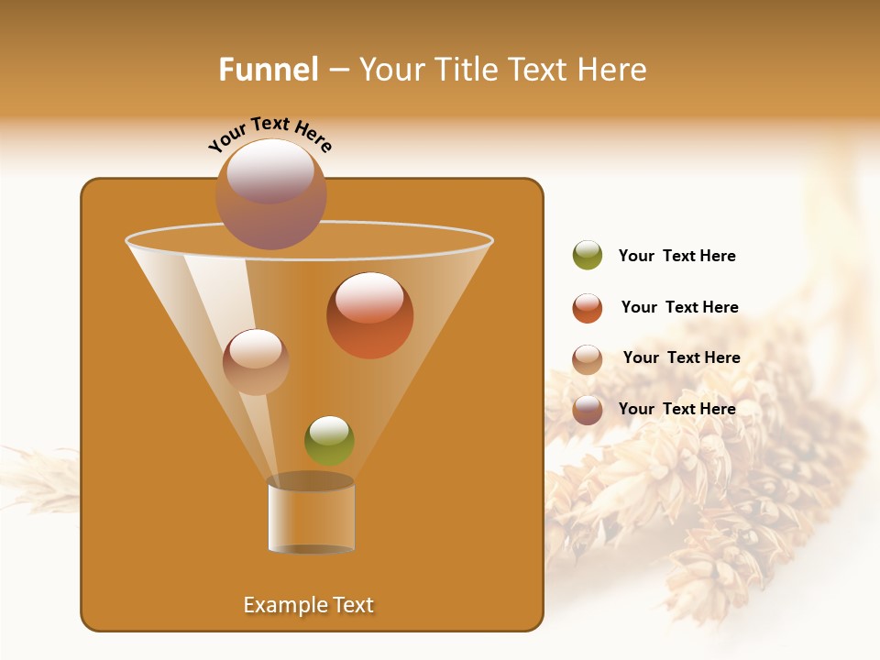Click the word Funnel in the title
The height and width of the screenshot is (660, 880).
pos(269,70)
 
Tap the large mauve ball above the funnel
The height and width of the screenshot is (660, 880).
pos(270,194)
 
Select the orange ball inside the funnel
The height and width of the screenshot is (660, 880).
pos(369,315)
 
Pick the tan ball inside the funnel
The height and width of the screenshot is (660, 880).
pos(256,362)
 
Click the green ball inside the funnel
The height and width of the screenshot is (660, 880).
pos(329,440)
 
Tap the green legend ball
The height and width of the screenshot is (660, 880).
pos(588,256)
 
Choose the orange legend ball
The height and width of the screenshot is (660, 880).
pos(588,308)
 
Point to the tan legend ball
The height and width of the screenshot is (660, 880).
pos(588,359)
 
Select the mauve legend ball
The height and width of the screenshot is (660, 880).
pos(588,410)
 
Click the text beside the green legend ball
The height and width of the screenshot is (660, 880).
pos(676,257)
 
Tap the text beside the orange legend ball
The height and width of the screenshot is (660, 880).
pos(679,308)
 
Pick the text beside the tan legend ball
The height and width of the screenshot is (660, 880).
pos(681,358)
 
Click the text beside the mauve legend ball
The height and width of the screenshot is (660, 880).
pos(676,409)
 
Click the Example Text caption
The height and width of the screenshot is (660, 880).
pos(309,605)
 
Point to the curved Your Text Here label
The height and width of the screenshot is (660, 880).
pos(270,132)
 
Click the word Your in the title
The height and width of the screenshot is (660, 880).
pos(389,70)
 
